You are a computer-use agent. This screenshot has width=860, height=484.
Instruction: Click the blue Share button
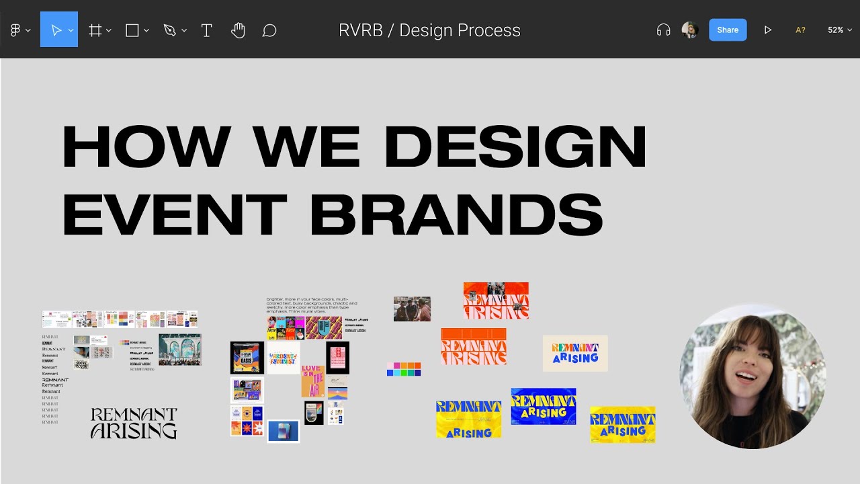(x=728, y=30)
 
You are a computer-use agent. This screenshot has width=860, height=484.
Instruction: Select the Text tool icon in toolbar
(x=206, y=30)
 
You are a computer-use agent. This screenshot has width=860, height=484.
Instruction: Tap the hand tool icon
(x=238, y=30)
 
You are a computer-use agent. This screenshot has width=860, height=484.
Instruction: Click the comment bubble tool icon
(x=269, y=30)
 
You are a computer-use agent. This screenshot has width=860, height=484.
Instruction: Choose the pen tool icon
(x=169, y=30)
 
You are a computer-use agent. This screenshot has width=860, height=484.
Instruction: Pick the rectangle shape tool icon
(x=132, y=30)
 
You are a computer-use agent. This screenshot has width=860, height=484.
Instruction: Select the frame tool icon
(x=95, y=30)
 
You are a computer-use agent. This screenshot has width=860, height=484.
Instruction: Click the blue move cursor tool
(x=56, y=30)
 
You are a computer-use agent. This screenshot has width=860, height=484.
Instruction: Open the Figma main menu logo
(x=15, y=30)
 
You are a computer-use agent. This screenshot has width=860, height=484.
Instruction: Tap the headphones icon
(x=663, y=30)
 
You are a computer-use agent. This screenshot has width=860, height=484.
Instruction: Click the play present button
(x=767, y=30)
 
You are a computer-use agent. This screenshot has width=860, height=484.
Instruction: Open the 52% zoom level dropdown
(x=839, y=30)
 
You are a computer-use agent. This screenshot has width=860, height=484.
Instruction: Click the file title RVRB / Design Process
(x=429, y=30)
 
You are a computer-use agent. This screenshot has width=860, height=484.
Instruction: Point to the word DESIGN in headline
(x=516, y=147)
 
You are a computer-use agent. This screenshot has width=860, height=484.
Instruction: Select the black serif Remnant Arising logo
(x=134, y=423)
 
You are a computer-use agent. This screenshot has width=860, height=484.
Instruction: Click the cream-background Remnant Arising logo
(x=575, y=353)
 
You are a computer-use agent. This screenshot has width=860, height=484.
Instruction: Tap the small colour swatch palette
(x=404, y=369)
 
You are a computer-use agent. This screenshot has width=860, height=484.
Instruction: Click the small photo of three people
(x=412, y=309)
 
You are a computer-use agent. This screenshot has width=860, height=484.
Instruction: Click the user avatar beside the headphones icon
(x=689, y=30)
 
